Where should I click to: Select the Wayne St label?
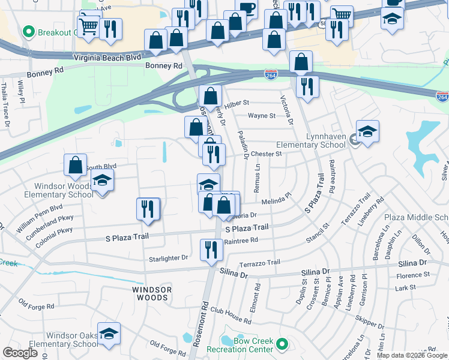pos(262,116)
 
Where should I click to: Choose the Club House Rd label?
pos(230,315)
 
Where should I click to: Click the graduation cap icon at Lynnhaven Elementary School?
pos(367,131)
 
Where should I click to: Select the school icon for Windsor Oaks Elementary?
pos(109,333)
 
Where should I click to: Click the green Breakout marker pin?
pos(27,31)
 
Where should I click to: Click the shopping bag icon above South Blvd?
pos(76,165)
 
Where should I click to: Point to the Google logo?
pos(20,353)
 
